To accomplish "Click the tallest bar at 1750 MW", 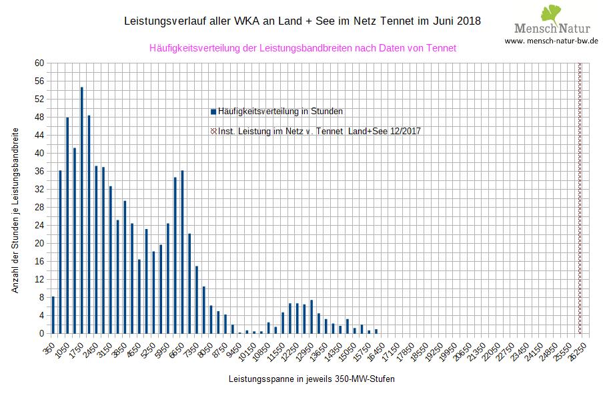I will click(82, 210).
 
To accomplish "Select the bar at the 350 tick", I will click(53, 315).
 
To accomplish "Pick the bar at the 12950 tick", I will click(312, 317).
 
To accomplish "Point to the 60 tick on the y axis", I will click(39, 63).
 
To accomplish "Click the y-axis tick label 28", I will click(39, 208).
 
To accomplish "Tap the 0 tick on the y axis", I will click(41, 334).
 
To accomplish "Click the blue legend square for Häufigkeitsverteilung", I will click(213, 112).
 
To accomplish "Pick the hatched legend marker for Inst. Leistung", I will click(213, 132).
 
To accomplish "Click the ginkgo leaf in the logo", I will click(550, 14).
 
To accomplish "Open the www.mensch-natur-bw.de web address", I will click(551, 41).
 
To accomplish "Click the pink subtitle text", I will click(303, 48).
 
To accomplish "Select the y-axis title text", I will click(15, 212).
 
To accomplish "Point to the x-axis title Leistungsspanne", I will click(311, 379).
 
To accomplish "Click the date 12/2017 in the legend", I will click(403, 132).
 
